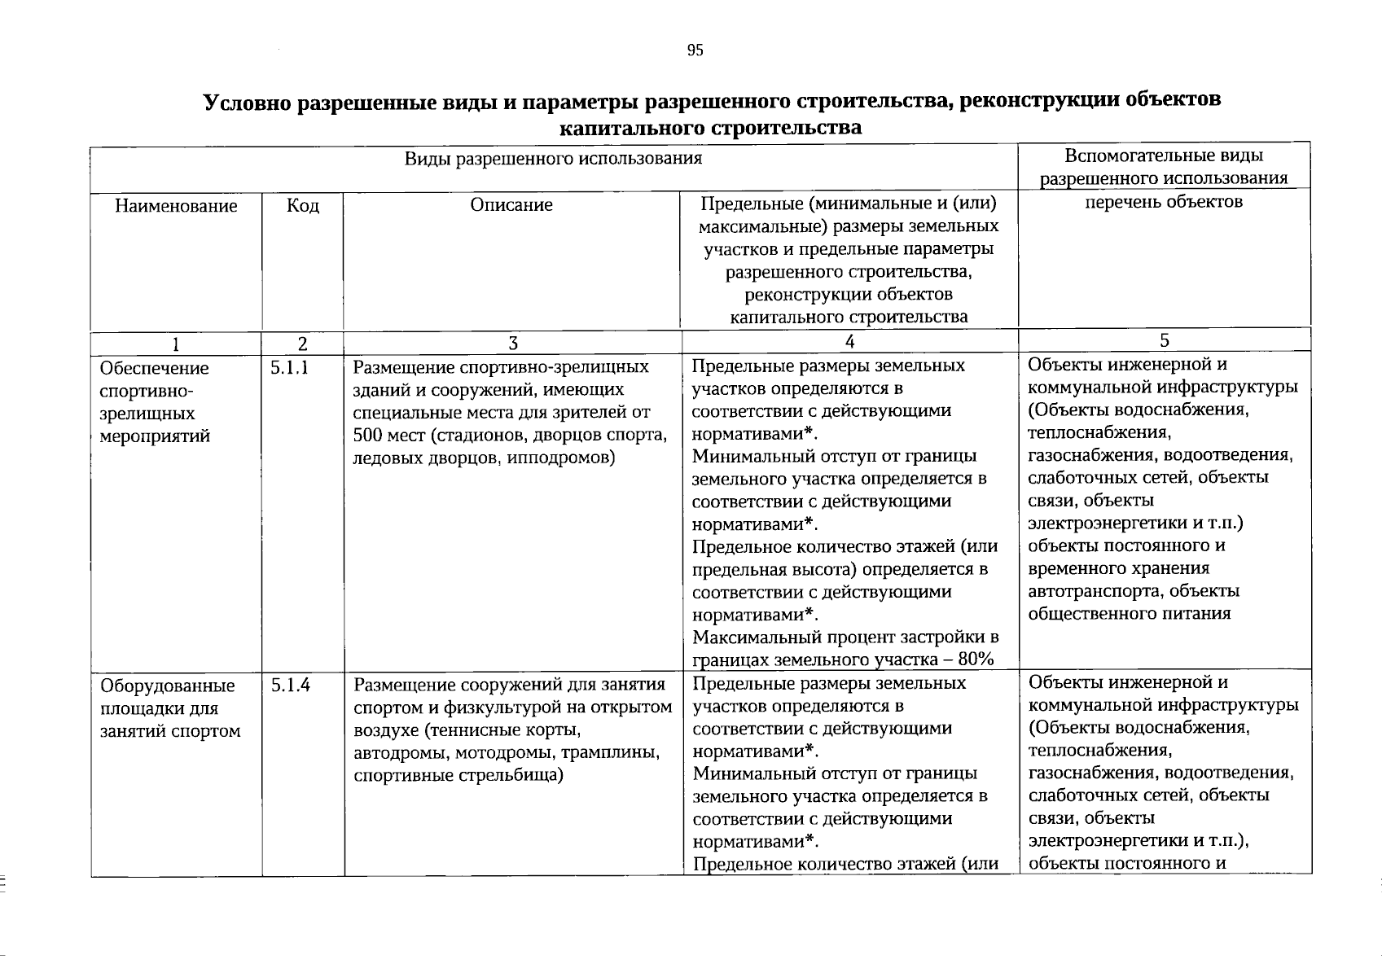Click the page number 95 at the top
coord(695,50)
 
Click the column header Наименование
coord(176,206)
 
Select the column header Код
coord(303,206)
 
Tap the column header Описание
coord(511,205)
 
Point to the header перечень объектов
coord(1164,202)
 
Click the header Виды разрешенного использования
coord(553,158)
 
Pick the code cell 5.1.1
coord(290,367)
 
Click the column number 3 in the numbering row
coord(512,344)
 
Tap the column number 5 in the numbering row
coord(1165,340)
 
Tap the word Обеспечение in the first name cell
coord(154,369)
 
